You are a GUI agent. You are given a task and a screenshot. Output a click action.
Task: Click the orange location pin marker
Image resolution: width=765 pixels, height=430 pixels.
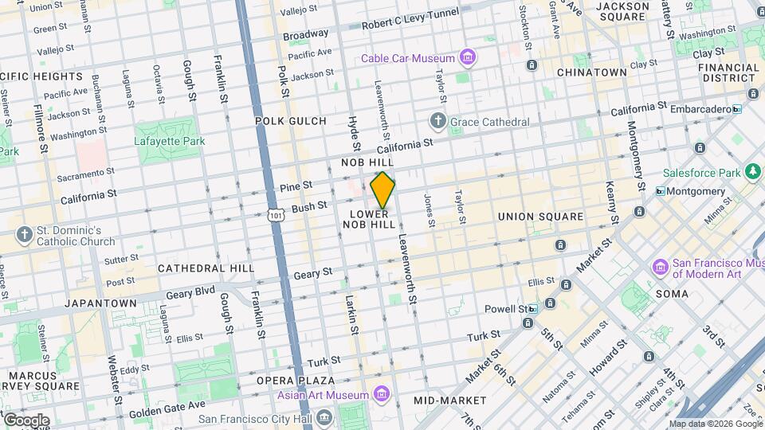click(x=382, y=190)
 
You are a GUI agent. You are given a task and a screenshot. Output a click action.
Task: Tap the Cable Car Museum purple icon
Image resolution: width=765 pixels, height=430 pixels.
click(x=468, y=58)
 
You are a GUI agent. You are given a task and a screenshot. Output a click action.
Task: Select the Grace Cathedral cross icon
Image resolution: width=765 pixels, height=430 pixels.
click(x=437, y=122)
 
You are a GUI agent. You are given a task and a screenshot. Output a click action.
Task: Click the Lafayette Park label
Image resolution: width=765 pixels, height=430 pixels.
click(x=169, y=141)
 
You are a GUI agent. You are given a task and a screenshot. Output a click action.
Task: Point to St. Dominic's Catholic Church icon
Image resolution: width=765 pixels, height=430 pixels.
click(x=25, y=236)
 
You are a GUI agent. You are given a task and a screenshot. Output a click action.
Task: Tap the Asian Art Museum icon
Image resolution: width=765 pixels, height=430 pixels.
click(x=382, y=395)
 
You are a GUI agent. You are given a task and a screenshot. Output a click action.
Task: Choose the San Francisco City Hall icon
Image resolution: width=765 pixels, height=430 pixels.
click(x=324, y=418)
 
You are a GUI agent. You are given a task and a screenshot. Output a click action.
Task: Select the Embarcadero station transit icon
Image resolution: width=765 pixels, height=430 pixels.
click(x=737, y=109)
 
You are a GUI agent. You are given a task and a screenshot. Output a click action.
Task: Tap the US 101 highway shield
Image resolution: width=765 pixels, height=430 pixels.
click(x=276, y=215)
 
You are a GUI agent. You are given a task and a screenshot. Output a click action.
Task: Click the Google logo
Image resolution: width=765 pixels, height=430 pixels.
click(x=25, y=420)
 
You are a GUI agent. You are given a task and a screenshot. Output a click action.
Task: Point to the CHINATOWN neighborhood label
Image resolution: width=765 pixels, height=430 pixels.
click(x=592, y=72)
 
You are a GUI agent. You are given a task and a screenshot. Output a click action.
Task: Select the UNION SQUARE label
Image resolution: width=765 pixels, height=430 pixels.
click(x=540, y=217)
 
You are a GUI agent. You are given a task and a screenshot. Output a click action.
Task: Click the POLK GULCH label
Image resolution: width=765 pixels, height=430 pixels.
click(x=291, y=121)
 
